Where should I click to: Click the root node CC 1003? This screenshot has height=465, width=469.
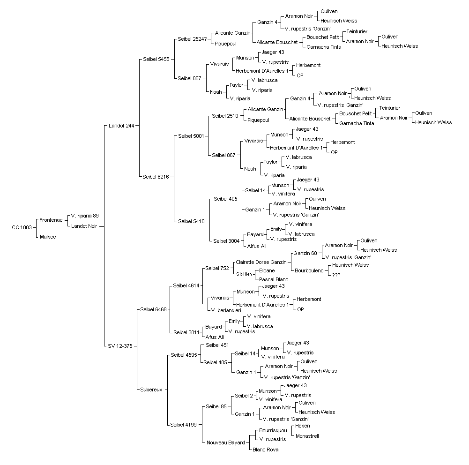(22, 227)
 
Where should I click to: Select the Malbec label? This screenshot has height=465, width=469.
(48, 237)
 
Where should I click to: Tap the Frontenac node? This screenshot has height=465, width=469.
(51, 220)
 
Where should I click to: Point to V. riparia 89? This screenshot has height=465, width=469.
(85, 216)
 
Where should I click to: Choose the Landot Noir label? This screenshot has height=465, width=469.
(84, 226)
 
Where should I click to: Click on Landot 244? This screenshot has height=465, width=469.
(121, 126)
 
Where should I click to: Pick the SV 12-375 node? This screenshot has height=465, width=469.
(120, 346)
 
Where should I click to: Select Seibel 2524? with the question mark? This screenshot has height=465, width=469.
(192, 39)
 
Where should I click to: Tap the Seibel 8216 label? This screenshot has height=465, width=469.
(156, 177)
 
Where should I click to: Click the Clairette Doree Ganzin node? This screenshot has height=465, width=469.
(261, 262)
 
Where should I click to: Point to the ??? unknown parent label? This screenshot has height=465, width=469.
(336, 275)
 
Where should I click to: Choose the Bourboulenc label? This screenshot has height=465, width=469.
(309, 270)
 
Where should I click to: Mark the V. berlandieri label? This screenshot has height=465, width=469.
(226, 310)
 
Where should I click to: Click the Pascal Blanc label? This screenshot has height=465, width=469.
(274, 279)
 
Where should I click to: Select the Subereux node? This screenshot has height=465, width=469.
(151, 390)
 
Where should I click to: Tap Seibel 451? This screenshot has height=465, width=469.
(217, 345)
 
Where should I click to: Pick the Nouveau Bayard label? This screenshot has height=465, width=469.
(225, 442)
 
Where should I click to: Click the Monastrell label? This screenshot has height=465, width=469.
(307, 436)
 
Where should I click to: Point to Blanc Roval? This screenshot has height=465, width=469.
(266, 450)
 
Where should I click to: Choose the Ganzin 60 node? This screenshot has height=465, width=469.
(305, 253)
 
